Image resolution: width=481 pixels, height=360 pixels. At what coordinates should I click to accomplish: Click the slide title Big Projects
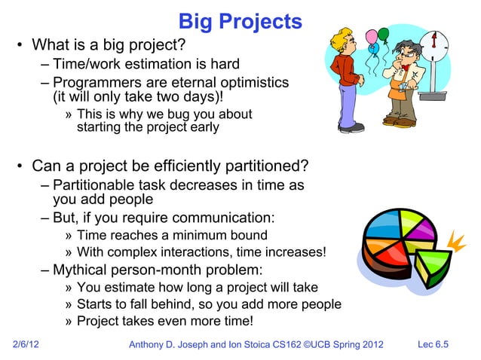point(240,21)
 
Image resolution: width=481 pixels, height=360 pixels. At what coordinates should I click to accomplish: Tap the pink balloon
point(371,37)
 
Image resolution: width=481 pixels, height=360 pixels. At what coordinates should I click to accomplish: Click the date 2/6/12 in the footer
point(28,345)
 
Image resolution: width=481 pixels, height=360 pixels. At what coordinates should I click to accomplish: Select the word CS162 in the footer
point(283,345)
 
